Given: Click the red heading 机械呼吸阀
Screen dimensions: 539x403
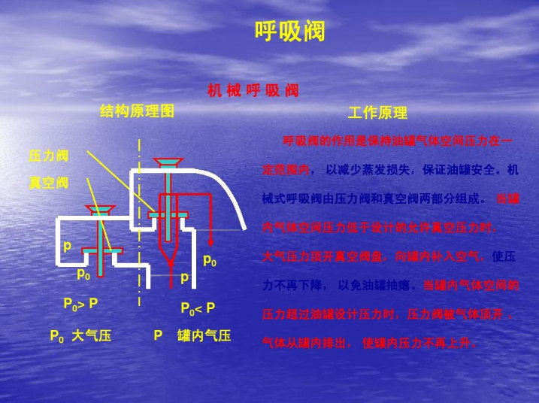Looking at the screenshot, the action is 253,91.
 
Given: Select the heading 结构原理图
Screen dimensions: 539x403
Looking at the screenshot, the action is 137,111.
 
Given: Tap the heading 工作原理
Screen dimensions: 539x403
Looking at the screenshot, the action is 377,113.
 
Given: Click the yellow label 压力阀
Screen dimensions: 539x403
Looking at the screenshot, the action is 48,156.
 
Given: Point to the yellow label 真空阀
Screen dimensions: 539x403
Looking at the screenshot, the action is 48,183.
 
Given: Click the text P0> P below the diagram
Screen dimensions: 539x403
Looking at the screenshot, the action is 80,305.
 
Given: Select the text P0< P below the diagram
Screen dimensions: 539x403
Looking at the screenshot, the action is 198,308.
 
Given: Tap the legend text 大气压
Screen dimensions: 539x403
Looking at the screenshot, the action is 91,335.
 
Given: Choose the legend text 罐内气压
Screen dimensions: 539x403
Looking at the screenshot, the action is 204,335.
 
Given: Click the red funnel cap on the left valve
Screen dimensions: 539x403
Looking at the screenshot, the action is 99,208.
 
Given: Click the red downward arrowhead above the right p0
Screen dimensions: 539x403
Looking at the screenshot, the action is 211,241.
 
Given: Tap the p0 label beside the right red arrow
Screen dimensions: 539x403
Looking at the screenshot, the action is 210,261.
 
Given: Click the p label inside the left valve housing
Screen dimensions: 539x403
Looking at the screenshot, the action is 68,246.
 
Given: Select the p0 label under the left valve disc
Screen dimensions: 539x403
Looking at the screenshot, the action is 83,274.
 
